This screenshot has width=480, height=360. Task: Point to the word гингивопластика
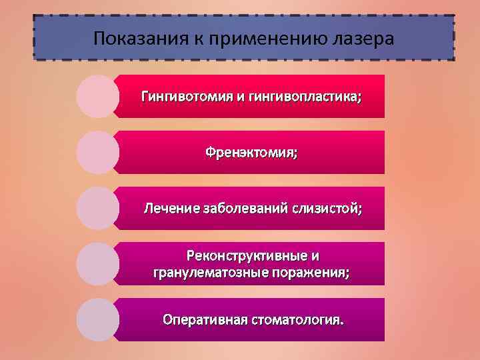[x=306, y=97]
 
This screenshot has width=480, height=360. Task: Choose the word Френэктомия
[x=251, y=153]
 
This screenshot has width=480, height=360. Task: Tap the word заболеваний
[x=243, y=209]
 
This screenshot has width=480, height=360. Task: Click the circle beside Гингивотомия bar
[x=98, y=97]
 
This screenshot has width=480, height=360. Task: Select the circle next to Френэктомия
[x=98, y=152]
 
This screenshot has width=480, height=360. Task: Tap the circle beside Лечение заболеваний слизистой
[x=98, y=208]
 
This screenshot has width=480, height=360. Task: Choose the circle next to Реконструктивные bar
[x=98, y=264]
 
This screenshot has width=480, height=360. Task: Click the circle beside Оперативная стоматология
[x=98, y=319]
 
